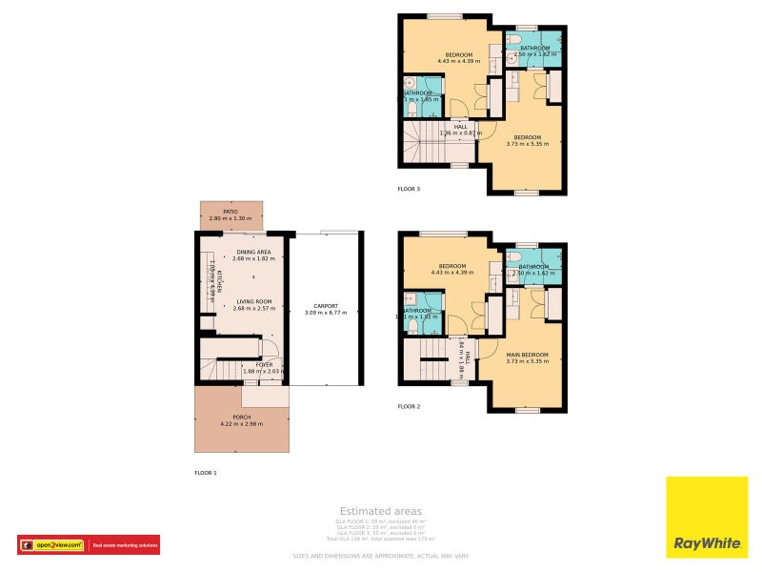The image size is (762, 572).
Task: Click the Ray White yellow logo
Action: coord(707,516)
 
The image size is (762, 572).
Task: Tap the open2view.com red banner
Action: coord(89,544)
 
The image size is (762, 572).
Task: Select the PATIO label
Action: coord(231,212)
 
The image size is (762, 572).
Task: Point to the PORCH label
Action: coord(241,417)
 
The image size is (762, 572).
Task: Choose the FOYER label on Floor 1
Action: coord(264,364)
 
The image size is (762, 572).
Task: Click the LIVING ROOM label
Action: coord(253,301)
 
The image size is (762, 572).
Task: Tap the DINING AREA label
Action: coord(253,252)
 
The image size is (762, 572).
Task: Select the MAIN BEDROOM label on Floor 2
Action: coord(527,354)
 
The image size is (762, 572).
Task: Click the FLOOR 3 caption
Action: coord(409,189)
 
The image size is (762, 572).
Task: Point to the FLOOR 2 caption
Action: coord(409,406)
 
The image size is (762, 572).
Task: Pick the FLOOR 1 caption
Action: coord(206,473)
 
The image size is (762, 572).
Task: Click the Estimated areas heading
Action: coord(380,512)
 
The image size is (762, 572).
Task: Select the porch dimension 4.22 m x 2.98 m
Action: coord(241,423)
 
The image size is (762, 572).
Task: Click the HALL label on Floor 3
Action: coord(461,126)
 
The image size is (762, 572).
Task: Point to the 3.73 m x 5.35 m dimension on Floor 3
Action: coord(527,144)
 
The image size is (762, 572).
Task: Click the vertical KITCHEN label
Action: coord(218,279)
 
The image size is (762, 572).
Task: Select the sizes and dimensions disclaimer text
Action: coord(380,556)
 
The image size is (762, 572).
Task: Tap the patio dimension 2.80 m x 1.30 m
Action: coord(231,218)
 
